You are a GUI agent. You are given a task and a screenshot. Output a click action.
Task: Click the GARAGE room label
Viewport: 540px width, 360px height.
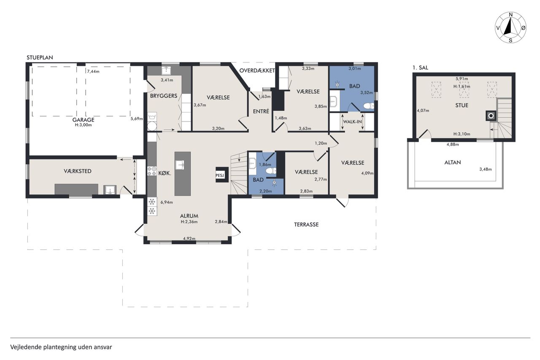(84, 120)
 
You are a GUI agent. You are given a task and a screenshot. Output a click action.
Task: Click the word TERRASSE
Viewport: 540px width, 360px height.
(306, 225)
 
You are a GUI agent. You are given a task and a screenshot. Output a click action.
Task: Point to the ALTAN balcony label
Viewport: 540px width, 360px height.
(453, 162)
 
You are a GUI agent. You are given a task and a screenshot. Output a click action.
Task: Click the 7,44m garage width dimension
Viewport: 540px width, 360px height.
(93, 71)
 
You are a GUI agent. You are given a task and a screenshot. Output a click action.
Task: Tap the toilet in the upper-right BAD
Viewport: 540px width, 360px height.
(369, 106)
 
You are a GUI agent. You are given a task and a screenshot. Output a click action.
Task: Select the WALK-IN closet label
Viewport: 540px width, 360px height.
(352, 122)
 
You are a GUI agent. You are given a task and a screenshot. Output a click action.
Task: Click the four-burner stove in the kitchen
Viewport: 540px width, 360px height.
(152, 171)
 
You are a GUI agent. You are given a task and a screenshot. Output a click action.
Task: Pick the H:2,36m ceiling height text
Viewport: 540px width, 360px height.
(189, 222)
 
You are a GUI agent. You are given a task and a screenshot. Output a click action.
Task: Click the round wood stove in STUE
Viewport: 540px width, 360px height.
(491, 116)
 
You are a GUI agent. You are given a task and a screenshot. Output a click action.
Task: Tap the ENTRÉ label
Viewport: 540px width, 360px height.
(261, 111)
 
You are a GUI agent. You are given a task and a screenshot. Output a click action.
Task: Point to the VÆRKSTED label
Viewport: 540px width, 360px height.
(78, 171)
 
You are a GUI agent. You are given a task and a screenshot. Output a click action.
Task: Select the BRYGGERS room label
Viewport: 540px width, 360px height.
(164, 96)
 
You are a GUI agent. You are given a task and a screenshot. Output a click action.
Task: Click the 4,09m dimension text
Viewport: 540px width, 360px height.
(367, 173)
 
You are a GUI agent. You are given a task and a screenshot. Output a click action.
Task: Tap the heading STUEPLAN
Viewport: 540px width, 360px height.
(40, 58)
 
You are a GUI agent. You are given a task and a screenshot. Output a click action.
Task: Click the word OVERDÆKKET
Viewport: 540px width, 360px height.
(257, 70)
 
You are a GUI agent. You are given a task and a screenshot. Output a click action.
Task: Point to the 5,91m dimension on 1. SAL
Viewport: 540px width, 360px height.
(462, 78)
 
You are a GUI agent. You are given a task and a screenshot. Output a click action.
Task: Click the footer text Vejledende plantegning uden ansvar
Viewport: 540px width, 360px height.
(61, 347)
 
